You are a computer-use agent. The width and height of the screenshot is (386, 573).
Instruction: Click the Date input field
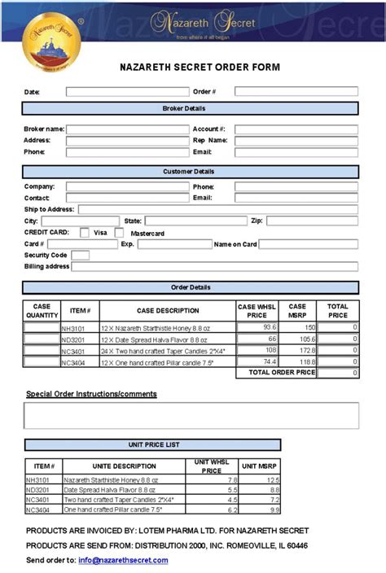tap(126, 92)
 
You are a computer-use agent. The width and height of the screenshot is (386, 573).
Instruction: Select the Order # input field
tap(296, 92)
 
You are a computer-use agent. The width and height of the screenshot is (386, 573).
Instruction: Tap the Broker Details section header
tap(190, 108)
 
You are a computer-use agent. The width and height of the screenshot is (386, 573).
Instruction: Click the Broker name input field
tap(126, 129)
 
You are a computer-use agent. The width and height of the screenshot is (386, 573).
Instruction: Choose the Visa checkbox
tap(85, 233)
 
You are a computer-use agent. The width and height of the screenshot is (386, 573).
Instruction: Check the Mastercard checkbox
tap(119, 233)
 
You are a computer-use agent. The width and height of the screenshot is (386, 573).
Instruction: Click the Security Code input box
tap(81, 256)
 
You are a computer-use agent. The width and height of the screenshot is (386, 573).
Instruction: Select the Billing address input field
tap(215, 266)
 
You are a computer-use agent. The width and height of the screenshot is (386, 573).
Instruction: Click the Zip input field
tap(312, 221)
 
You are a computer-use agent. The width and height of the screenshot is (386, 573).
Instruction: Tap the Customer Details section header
tap(190, 172)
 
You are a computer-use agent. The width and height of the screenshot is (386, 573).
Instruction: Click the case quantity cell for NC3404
tap(42, 361)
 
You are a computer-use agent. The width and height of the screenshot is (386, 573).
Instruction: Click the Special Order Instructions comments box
tap(191, 415)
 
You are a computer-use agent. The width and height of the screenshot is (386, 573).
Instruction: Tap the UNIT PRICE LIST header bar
tap(147, 445)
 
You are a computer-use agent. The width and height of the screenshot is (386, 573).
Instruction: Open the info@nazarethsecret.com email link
tap(125, 560)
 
